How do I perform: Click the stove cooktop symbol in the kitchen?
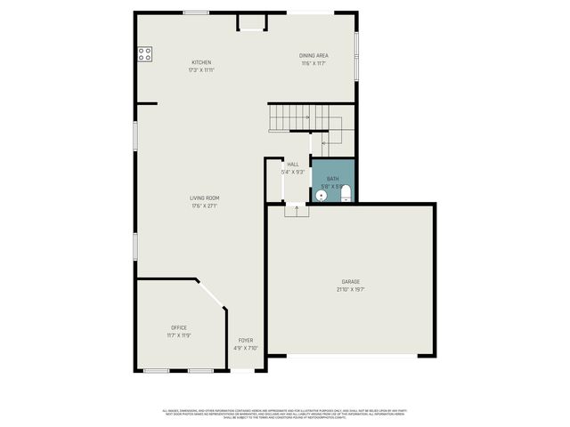144,53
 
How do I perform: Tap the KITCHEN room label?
201,62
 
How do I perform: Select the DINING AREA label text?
313,56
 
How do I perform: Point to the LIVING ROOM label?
204,197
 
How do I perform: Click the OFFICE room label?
179,328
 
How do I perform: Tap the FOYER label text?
245,340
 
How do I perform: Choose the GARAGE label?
351,281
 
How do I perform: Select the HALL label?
293,165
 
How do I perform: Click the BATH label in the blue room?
332,179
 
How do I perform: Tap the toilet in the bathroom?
346,194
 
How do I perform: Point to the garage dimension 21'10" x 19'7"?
351,289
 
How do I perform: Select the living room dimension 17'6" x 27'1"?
204,205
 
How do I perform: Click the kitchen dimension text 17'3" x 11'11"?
201,69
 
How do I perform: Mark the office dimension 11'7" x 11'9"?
179,335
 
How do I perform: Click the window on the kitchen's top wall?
196,12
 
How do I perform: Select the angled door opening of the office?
211,294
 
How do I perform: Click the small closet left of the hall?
273,181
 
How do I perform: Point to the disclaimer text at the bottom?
285,414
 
